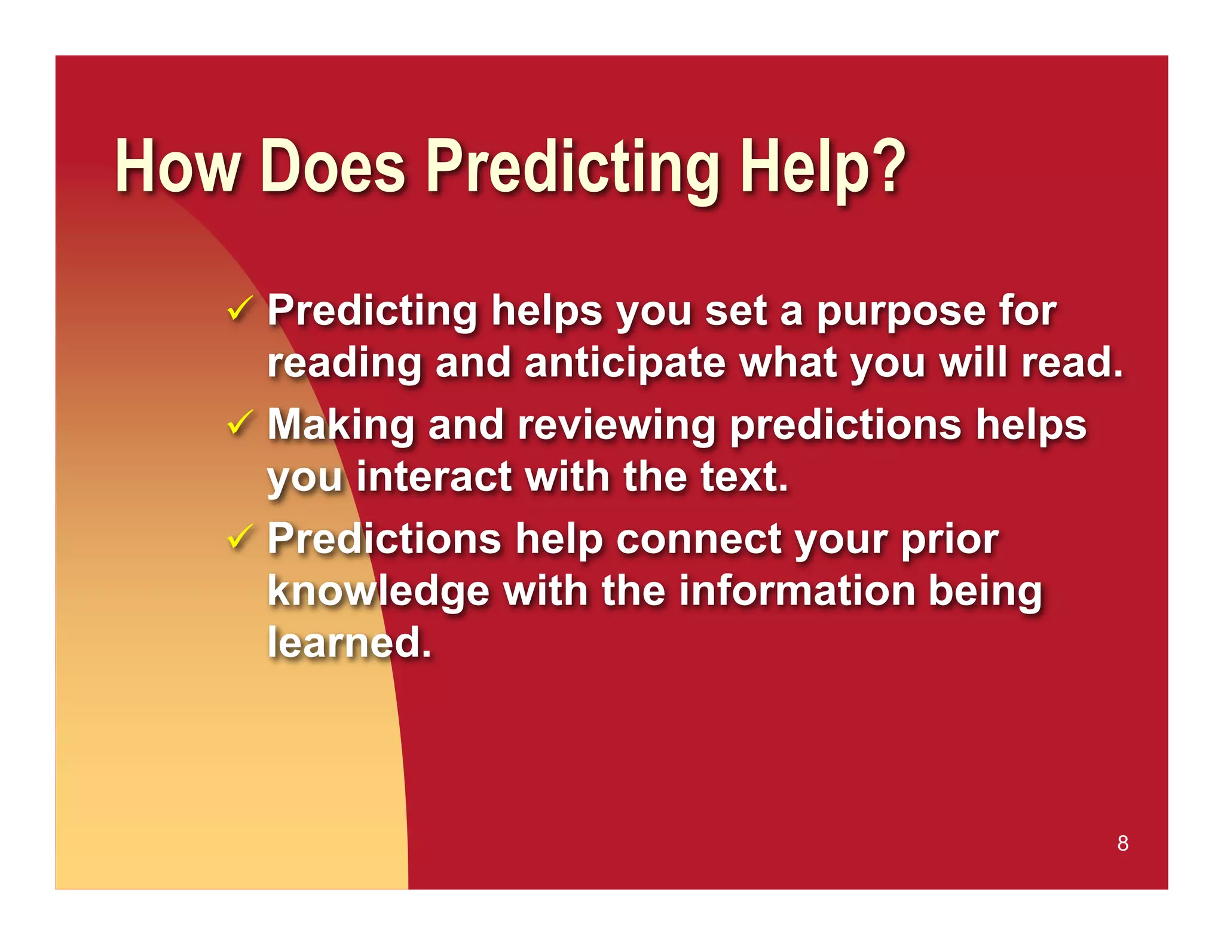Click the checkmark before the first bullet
click(x=240, y=309)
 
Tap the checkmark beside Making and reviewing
click(x=240, y=423)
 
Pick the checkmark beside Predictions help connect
click(x=240, y=536)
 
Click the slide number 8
click(x=1122, y=843)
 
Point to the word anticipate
click(x=625, y=364)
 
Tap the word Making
click(x=341, y=426)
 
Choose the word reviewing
click(x=617, y=426)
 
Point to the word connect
click(x=699, y=539)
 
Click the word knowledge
click(x=378, y=591)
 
